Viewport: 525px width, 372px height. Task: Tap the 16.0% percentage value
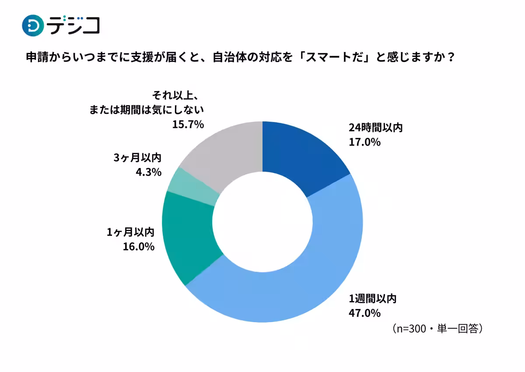click(x=139, y=247)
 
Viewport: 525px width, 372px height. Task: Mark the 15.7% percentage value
click(x=188, y=125)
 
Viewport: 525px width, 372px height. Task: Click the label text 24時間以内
click(x=375, y=128)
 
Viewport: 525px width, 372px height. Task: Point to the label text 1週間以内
click(x=372, y=299)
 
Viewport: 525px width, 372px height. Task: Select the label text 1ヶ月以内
click(x=130, y=233)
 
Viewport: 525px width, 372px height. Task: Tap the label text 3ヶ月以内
click(x=137, y=158)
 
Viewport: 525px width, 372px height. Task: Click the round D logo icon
click(x=33, y=25)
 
